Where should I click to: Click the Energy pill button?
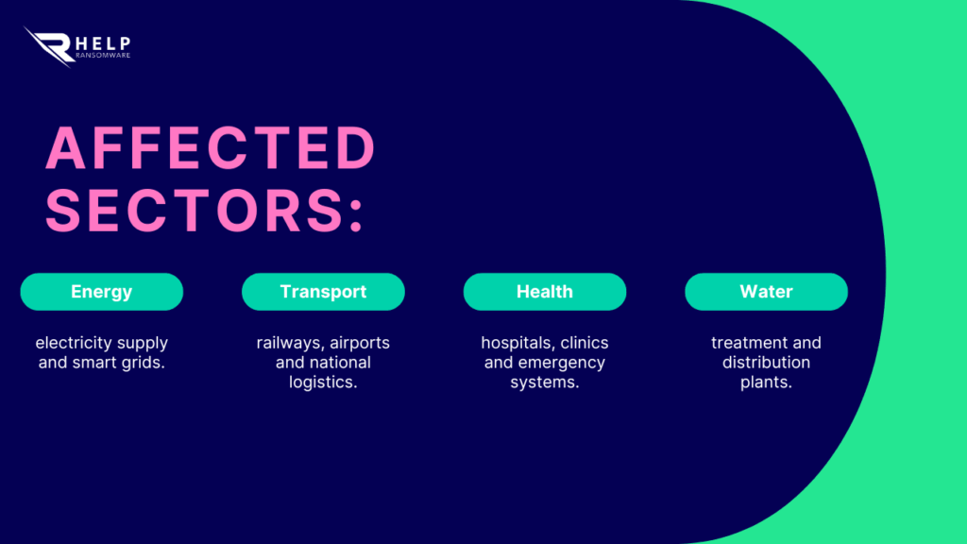coord(102,292)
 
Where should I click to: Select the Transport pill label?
coord(323,292)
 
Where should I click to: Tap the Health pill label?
coord(545,292)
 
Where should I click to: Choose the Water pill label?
coord(766,292)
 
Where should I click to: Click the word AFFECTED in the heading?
coord(211,148)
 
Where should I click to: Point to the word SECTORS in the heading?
coord(194,211)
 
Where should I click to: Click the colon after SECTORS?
coord(356,212)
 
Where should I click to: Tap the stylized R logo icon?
coord(49,47)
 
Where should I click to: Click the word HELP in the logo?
coord(102,43)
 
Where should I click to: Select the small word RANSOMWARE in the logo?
coord(103,56)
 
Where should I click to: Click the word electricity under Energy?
coord(72,343)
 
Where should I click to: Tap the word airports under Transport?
coord(360,344)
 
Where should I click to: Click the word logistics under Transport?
coord(323,382)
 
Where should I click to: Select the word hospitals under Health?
coord(517,343)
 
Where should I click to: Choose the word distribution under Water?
coord(766,362)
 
